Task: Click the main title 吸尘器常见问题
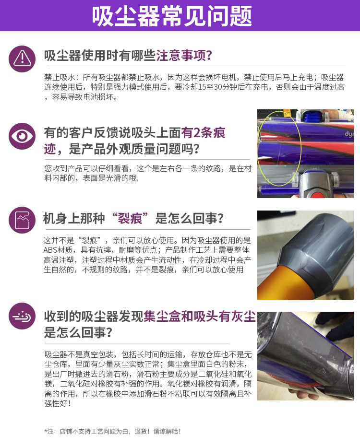[x=172, y=16]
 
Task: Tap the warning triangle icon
[x=22, y=59]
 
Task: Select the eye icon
[x=22, y=136]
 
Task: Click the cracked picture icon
[x=22, y=220]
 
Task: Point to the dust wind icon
[x=22, y=316]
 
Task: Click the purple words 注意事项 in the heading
[x=180, y=56]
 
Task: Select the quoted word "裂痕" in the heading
[x=130, y=219]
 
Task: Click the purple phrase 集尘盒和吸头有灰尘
[x=199, y=317]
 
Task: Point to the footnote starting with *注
[x=112, y=431]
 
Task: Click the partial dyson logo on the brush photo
[x=349, y=134]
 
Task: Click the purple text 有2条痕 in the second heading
[x=203, y=133]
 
